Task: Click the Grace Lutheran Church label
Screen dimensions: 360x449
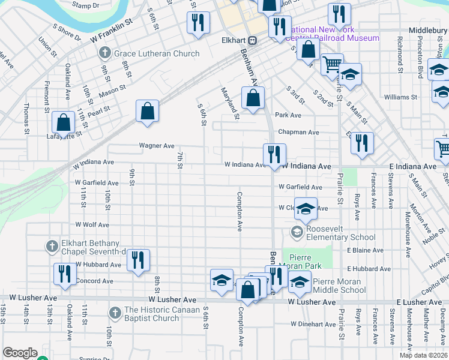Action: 157,53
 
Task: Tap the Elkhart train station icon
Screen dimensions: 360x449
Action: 253,41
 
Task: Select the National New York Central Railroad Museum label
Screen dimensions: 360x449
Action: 334,34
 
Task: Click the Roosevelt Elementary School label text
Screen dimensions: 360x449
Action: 341,232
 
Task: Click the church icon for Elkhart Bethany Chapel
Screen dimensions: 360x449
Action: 52,245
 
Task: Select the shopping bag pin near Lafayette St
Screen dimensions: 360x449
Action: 63,122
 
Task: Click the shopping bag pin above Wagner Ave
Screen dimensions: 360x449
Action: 147,111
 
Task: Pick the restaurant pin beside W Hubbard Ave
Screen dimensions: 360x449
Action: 138,260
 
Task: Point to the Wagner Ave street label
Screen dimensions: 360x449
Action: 157,145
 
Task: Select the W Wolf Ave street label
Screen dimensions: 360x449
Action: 92,225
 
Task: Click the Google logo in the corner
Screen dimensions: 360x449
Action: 20,353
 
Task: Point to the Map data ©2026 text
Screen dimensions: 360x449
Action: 423,355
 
